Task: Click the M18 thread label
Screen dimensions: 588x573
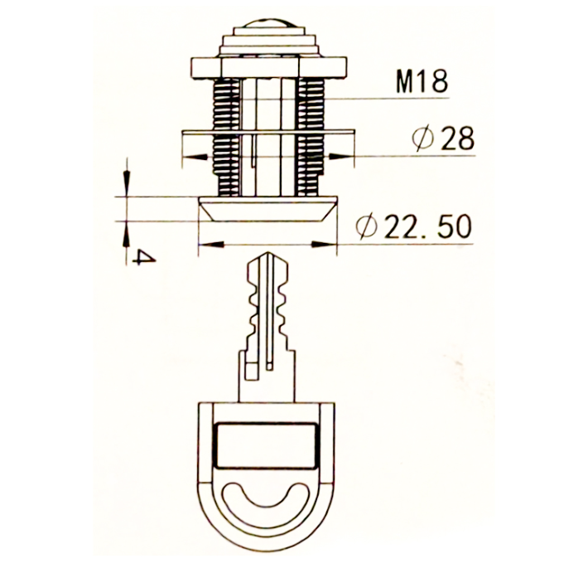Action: pyautogui.click(x=422, y=81)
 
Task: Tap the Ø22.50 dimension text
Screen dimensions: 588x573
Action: pyautogui.click(x=414, y=226)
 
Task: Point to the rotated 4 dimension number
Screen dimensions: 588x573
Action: pyautogui.click(x=145, y=258)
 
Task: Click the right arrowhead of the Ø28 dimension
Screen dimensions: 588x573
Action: pyautogui.click(x=341, y=156)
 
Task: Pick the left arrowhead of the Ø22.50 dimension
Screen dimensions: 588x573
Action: pyautogui.click(x=212, y=245)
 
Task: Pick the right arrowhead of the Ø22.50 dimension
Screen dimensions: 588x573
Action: pyautogui.click(x=324, y=245)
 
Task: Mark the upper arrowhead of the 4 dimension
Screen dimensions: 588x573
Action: pyautogui.click(x=127, y=183)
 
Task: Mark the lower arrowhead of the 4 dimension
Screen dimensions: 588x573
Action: pyautogui.click(x=127, y=234)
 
